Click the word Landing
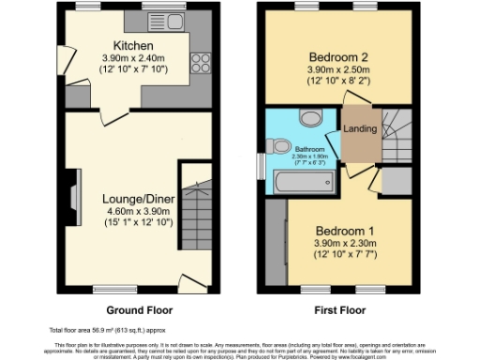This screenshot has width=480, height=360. pyautogui.click(x=361, y=128)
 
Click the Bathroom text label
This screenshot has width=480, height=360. pyautogui.click(x=311, y=149)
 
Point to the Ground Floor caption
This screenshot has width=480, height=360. pyautogui.click(x=139, y=309)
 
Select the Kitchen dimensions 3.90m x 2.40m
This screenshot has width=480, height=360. pyautogui.click(x=133, y=58)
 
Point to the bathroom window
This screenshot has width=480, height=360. pyautogui.click(x=261, y=165)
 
